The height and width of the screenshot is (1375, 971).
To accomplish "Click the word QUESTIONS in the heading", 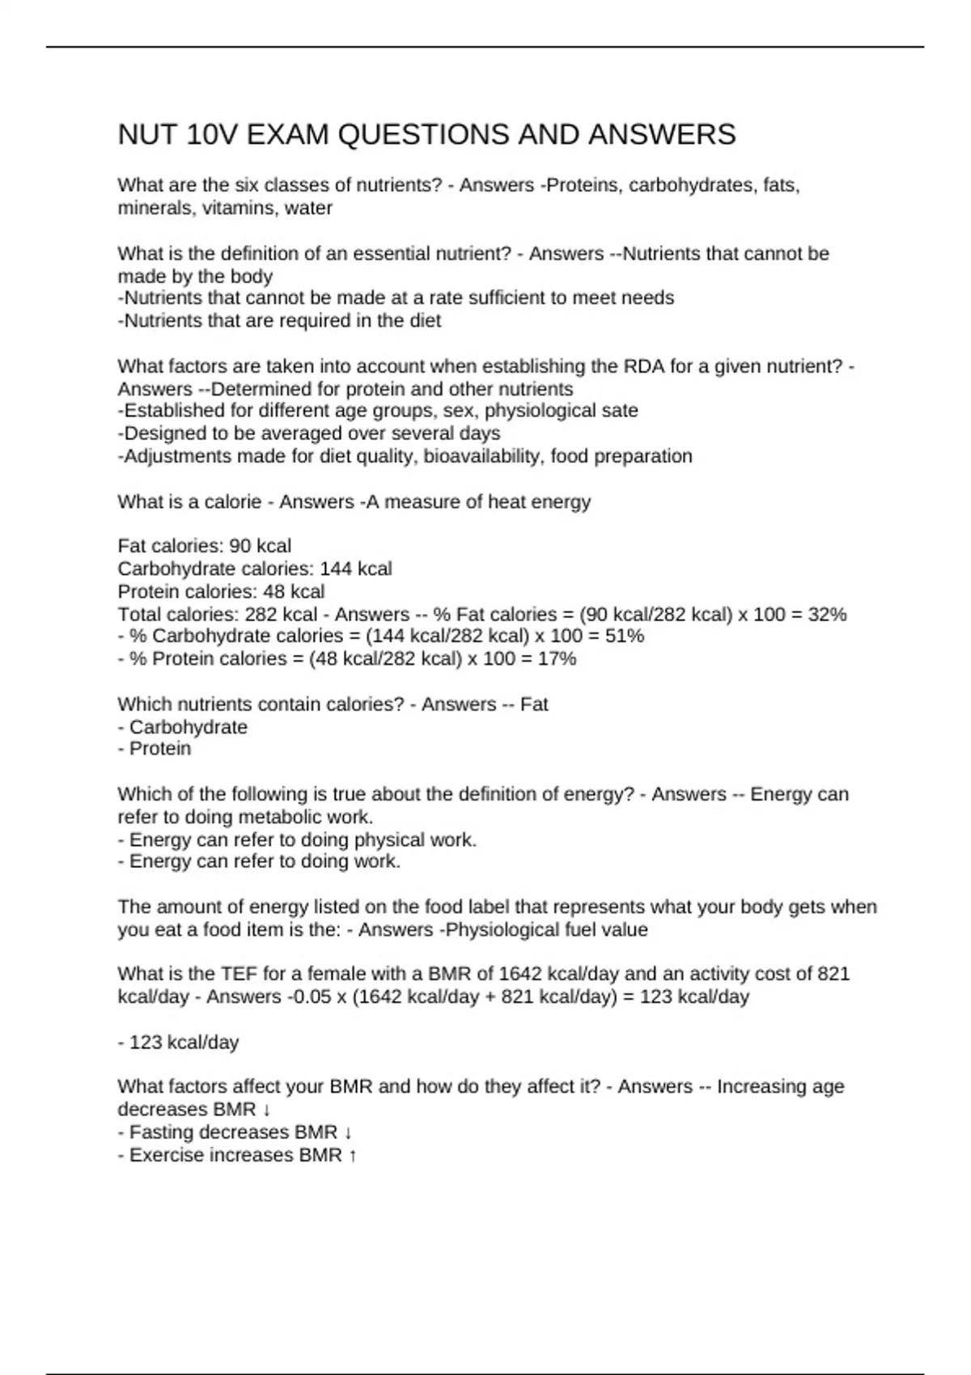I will (422, 134).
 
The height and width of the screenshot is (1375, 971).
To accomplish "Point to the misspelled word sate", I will (621, 411).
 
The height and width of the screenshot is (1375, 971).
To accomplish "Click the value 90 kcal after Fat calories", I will (261, 546).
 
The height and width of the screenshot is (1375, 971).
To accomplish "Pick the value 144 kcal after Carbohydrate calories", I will (356, 569).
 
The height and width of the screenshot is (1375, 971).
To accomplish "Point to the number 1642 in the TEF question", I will (520, 974).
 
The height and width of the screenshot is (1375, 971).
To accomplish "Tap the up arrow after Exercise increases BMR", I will (352, 1155).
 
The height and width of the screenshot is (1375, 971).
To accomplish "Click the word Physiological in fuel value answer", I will (502, 929).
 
